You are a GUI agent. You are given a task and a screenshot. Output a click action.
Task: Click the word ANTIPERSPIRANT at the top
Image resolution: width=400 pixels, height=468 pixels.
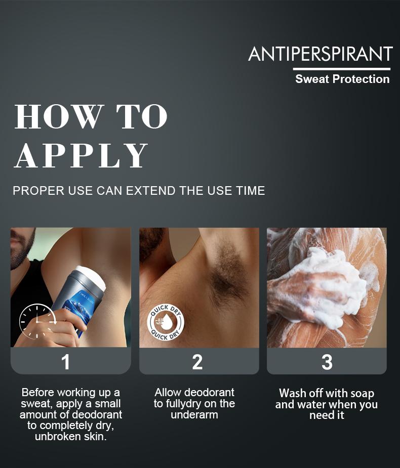320,54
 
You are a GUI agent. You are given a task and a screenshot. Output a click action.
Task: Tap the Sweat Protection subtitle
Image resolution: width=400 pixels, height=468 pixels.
342,79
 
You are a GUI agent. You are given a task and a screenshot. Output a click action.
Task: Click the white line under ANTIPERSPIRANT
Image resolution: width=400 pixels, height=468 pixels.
341,69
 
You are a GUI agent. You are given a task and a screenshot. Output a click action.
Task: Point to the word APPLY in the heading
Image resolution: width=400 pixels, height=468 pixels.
81,155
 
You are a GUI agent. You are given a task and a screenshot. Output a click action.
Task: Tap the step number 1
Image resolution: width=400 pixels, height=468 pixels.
65,362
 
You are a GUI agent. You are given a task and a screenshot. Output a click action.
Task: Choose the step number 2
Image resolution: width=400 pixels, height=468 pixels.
197,362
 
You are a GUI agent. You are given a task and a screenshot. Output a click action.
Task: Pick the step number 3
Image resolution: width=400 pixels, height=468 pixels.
327,362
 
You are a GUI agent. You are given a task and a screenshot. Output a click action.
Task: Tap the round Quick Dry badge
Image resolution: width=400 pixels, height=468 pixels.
166,322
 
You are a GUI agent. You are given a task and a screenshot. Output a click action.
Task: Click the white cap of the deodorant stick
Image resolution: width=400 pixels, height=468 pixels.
92,277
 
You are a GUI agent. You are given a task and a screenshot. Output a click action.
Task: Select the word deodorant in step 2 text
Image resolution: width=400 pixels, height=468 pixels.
209,393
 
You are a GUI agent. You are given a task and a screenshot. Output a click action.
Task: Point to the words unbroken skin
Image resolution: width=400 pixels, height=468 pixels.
71,437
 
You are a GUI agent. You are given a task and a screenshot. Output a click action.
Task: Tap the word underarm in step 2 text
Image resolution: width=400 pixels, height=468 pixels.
194,415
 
